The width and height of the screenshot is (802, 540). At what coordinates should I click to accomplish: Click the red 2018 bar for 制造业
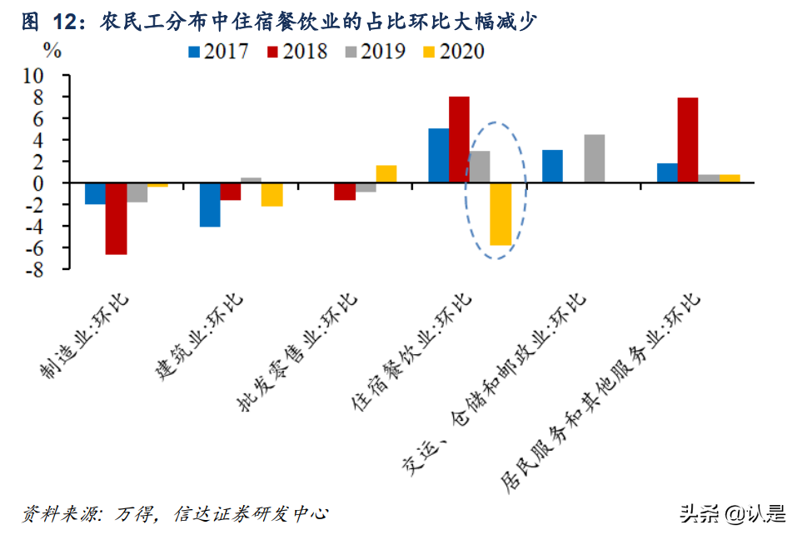click(x=116, y=218)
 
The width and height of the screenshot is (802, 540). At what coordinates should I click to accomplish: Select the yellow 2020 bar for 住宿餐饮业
click(x=501, y=214)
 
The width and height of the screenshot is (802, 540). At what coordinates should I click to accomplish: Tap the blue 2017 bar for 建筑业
click(x=210, y=204)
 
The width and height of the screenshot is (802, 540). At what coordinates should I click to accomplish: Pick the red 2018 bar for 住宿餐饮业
click(x=459, y=139)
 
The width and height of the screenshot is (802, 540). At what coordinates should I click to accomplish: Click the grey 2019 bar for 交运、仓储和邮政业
click(x=594, y=158)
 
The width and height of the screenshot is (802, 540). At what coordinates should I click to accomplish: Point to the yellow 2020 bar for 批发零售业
click(x=386, y=174)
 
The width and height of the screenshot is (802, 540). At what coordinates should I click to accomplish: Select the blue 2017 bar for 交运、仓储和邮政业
click(x=552, y=166)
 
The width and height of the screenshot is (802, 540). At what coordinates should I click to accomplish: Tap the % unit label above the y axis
click(x=52, y=50)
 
